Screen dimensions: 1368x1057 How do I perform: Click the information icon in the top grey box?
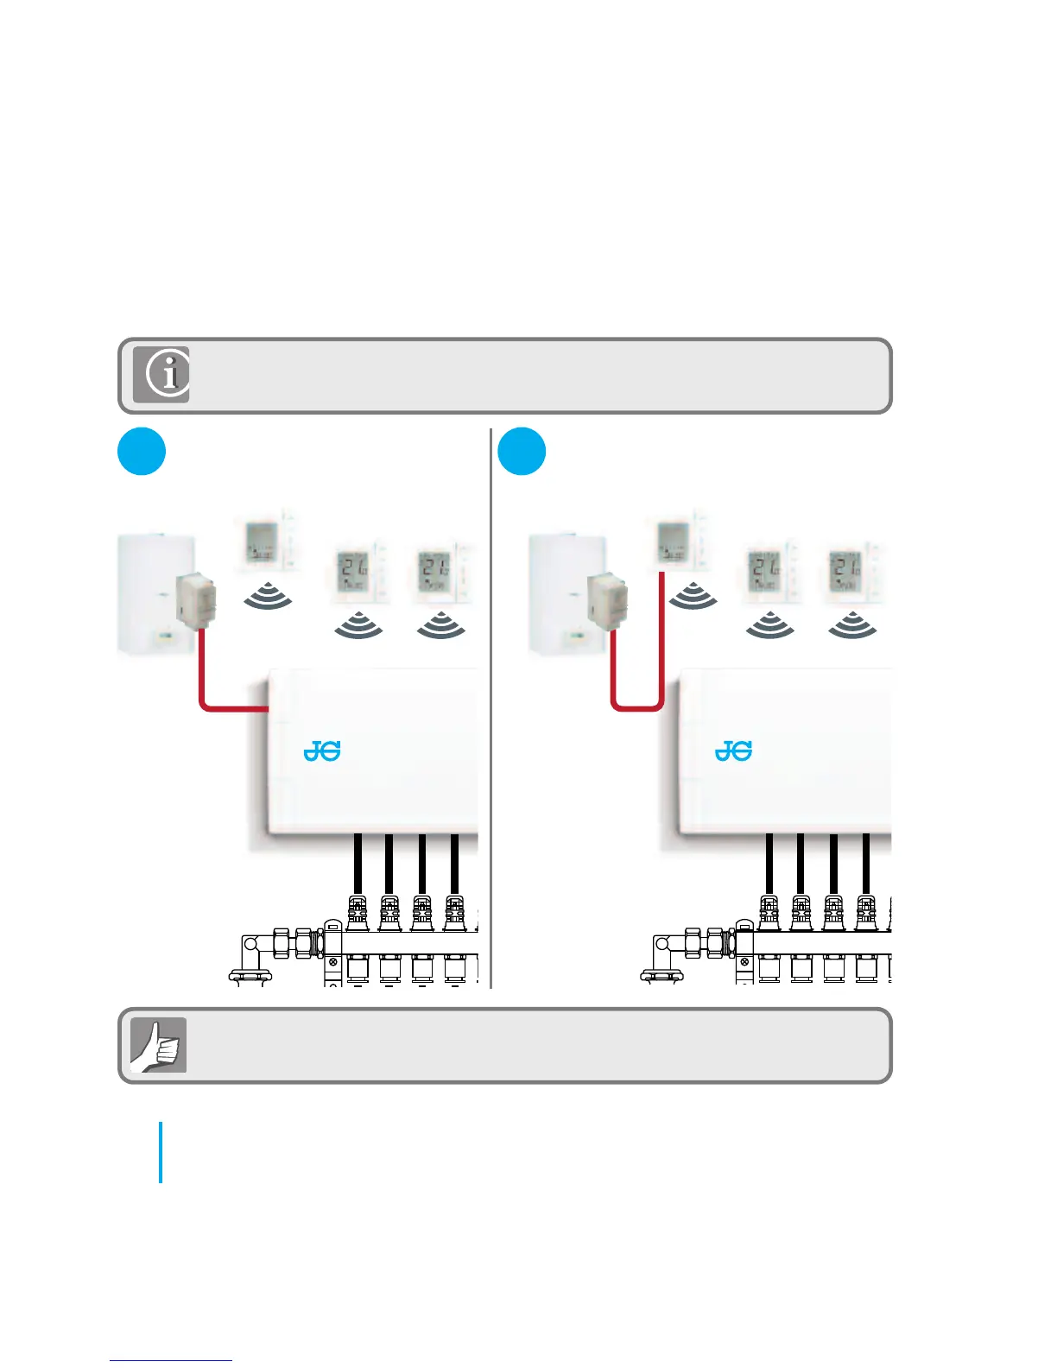coord(161,376)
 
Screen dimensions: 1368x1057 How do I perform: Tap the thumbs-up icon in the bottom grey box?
coord(158,1045)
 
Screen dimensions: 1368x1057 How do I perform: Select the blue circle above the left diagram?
coord(141,451)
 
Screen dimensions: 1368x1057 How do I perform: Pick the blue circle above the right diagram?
coord(522,451)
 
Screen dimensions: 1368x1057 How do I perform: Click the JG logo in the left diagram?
coord(322,751)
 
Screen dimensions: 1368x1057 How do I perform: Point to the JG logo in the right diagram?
coord(733,751)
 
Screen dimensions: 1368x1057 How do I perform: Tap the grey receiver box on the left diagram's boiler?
coord(194,598)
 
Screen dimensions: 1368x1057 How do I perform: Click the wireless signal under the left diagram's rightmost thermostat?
coord(440,626)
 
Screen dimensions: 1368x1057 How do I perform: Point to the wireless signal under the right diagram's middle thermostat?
coord(769,626)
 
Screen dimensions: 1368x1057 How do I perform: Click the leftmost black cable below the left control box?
coord(357,864)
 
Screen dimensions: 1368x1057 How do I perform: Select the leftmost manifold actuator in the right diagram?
coord(769,913)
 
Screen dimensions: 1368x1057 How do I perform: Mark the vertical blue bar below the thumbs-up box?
coord(161,1152)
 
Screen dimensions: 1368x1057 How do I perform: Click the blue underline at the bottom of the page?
coord(171,1360)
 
